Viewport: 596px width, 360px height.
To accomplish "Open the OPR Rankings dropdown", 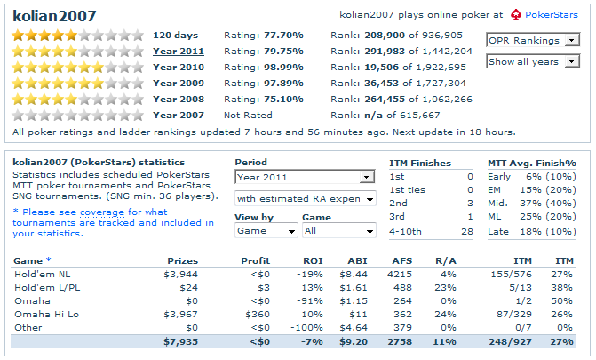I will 533,40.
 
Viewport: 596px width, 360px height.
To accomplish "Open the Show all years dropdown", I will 533,61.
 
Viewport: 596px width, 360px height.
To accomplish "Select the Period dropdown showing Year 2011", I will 305,177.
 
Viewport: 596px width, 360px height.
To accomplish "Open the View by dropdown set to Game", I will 266,230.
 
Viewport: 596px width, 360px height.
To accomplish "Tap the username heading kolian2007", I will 55,16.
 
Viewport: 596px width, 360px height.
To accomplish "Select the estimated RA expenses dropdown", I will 305,198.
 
